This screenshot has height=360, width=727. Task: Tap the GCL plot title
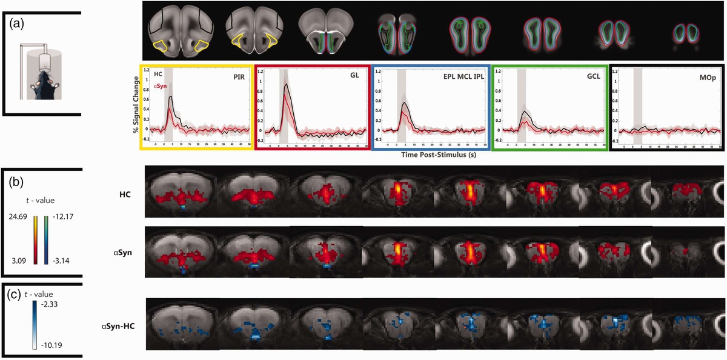pyautogui.click(x=593, y=77)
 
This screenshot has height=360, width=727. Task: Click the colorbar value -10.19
pyautogui.click(x=48, y=346)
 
